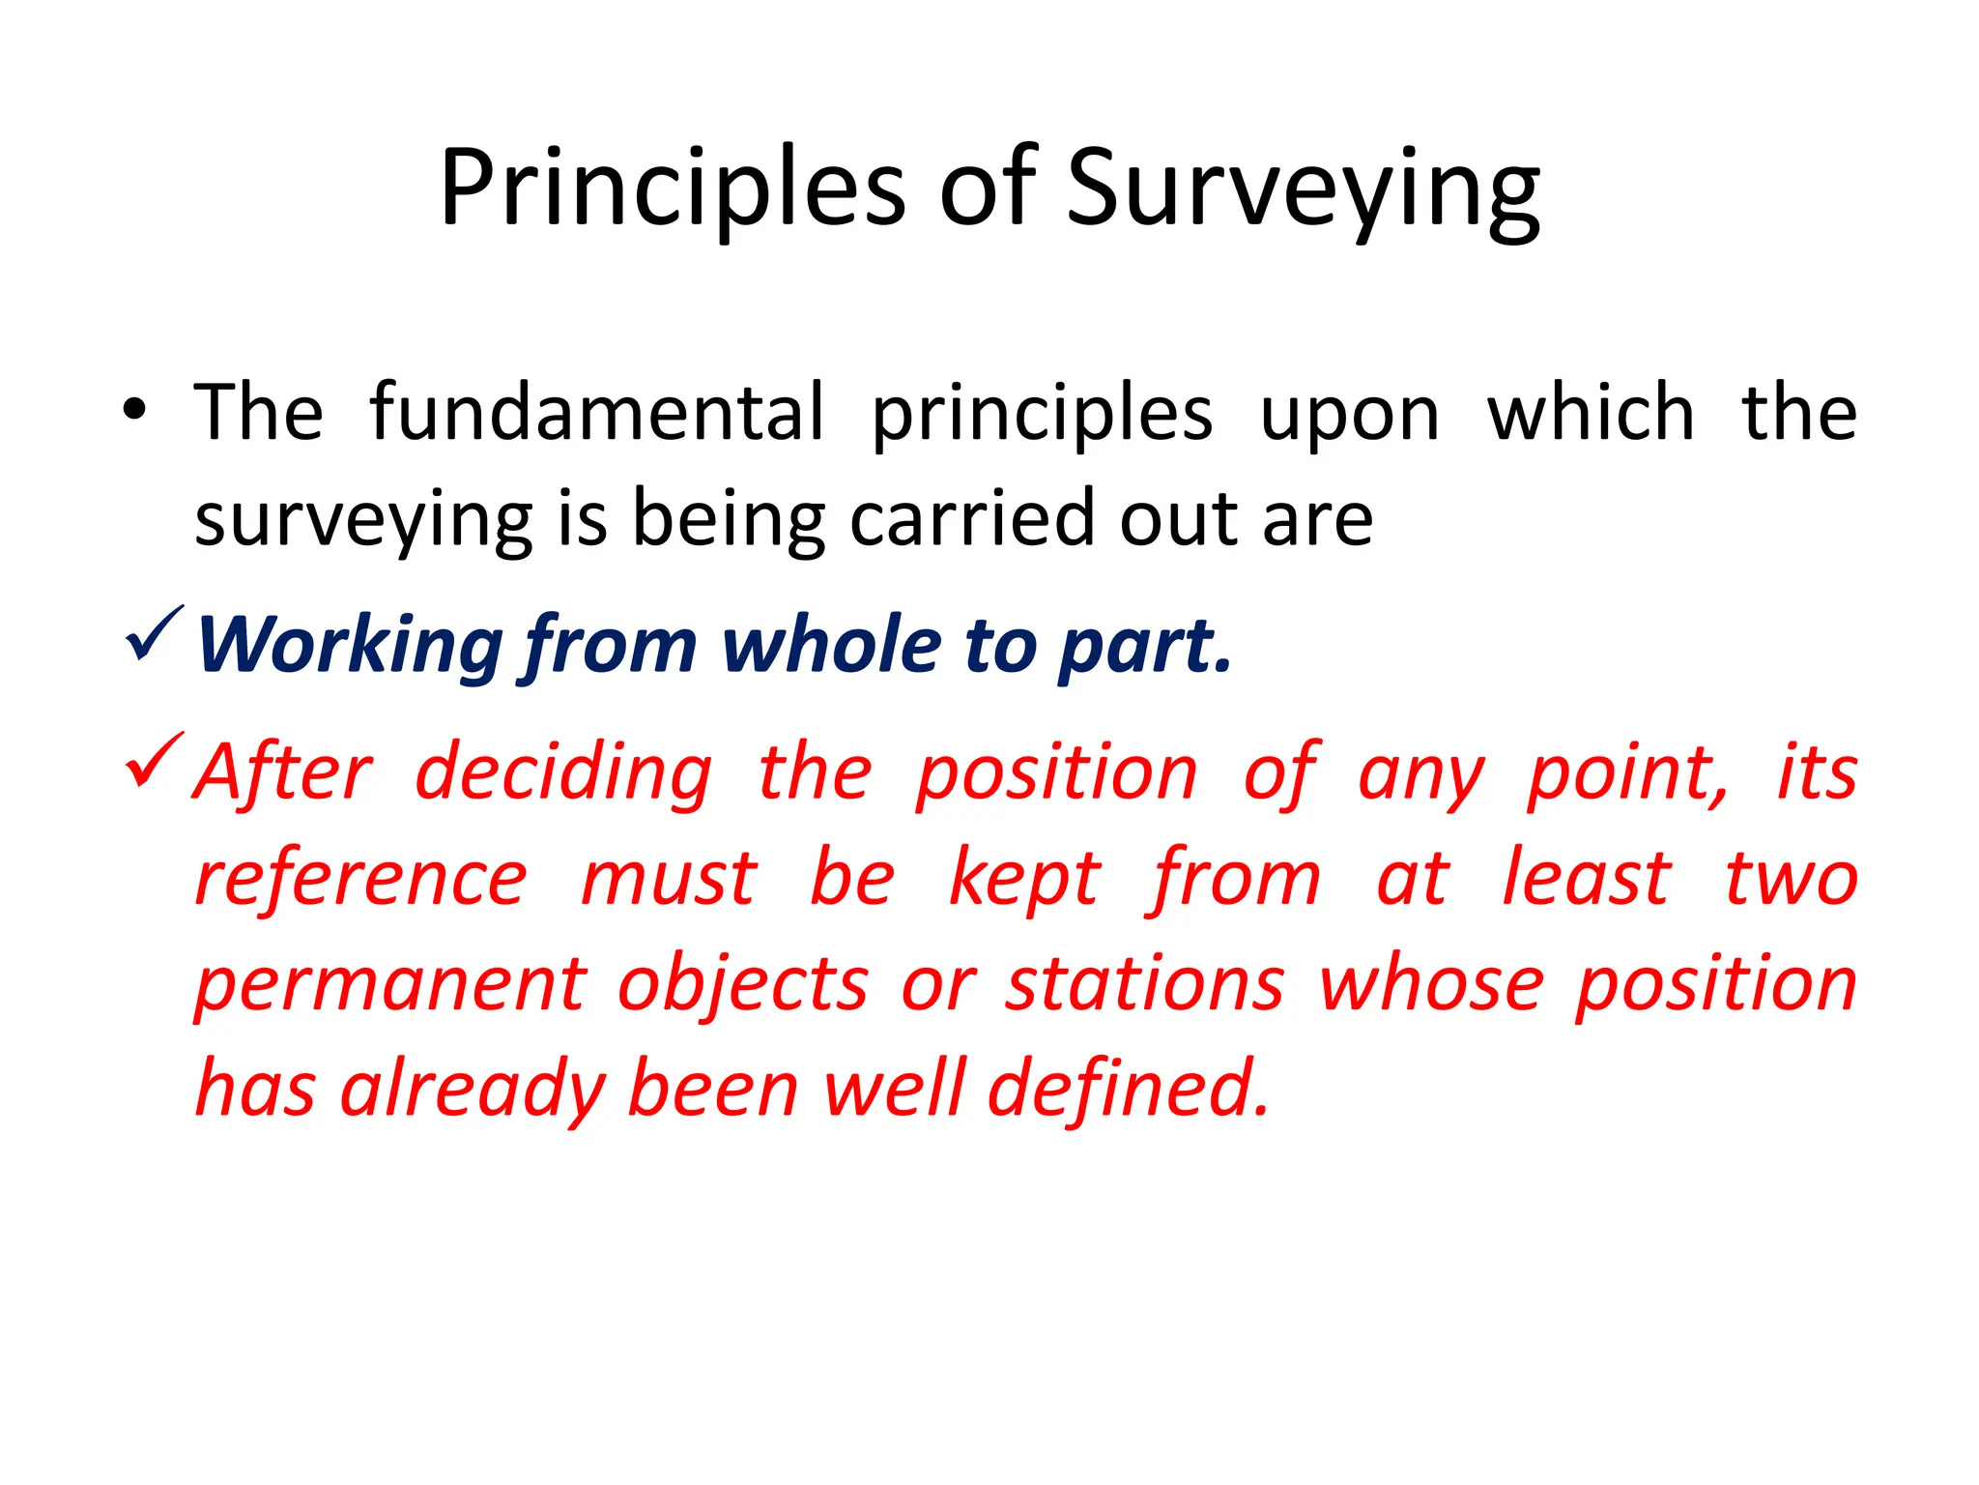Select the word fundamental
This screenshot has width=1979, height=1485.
[597, 413]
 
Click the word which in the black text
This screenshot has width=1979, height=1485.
[1591, 413]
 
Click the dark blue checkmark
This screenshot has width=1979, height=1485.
[154, 635]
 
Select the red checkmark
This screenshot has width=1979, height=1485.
[154, 761]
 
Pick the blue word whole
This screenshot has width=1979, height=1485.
[831, 644]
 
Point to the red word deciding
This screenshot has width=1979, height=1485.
[563, 773]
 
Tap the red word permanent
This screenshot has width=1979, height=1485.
[390, 985]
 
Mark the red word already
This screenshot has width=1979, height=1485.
[473, 1091]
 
